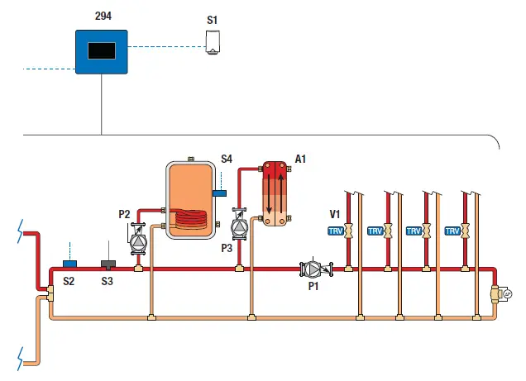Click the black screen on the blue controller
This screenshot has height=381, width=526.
click(102, 51)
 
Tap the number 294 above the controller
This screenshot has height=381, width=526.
click(103, 16)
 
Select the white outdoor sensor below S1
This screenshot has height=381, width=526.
click(213, 42)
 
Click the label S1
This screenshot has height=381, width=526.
click(212, 21)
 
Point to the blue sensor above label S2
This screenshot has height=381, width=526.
click(69, 264)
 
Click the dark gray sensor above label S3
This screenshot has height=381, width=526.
click(108, 264)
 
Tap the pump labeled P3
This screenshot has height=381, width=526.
click(239, 224)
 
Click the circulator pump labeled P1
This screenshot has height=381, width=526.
click(315, 269)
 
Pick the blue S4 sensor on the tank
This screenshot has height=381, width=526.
click(219, 193)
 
